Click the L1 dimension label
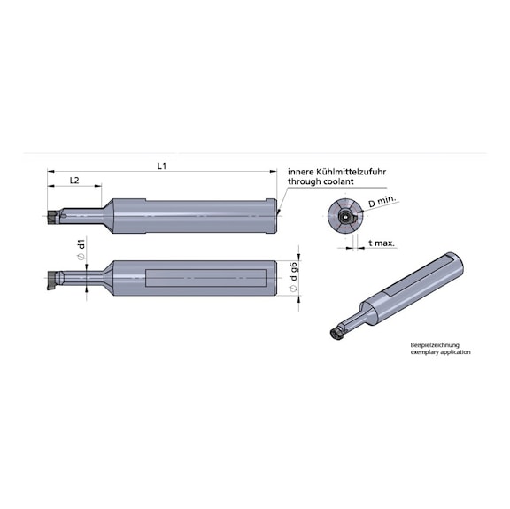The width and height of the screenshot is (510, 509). [162, 166]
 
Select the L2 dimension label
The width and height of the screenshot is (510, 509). [74, 181]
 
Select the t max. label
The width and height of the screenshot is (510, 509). [382, 242]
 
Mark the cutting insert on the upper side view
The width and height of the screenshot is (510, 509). [50, 215]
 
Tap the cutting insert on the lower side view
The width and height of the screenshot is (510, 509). [54, 281]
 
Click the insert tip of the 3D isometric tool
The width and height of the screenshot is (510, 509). [336, 333]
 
